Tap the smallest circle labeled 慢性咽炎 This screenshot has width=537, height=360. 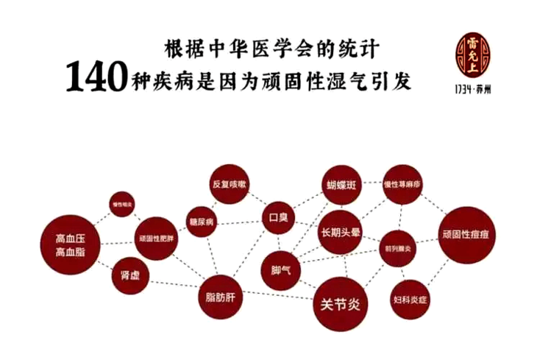pos(122,204)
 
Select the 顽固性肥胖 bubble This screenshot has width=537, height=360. pos(157,239)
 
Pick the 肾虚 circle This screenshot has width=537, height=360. pos(130,277)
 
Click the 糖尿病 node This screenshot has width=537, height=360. pos(201,222)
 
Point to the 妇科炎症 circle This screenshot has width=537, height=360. pos(410,299)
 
